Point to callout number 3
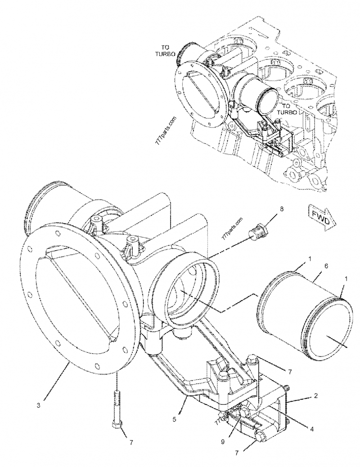39,405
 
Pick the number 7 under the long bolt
131,442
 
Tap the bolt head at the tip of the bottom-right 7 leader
260,436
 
